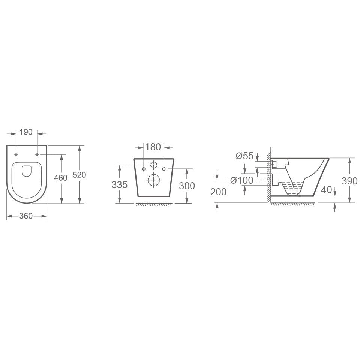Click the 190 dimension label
(26, 132)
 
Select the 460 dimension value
(61, 178)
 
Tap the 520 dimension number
(79, 175)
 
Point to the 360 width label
(26, 216)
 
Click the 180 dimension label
(153, 147)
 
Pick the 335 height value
(119, 184)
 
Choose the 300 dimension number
(187, 186)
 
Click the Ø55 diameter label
(245, 156)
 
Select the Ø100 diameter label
(241, 180)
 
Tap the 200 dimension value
(218, 192)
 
